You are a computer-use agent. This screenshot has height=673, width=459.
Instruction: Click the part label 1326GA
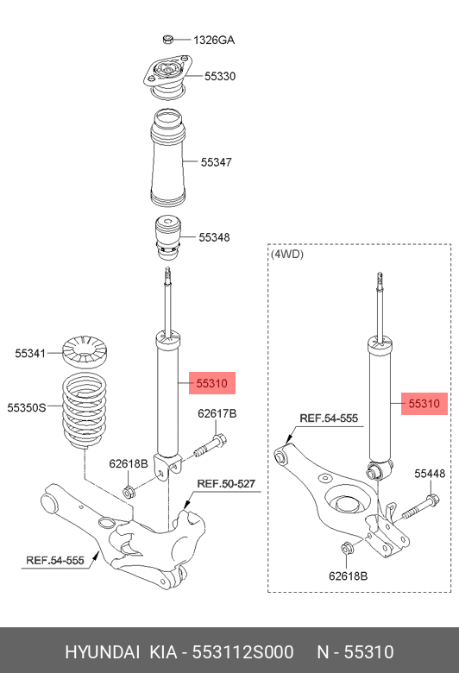point(213,41)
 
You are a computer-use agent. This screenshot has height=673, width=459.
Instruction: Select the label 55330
point(220,77)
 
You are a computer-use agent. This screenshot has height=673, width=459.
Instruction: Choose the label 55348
point(214,237)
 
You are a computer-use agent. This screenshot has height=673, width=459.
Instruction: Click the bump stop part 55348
point(168,236)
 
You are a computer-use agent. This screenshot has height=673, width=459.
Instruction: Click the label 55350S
point(27,406)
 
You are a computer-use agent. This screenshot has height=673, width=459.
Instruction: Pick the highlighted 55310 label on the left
point(211,382)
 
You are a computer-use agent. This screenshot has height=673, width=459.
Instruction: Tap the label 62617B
point(217,414)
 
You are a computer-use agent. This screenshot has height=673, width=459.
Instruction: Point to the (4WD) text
point(287,255)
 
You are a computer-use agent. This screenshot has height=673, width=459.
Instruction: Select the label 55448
point(429,474)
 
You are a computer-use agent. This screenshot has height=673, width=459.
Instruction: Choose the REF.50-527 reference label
point(226,483)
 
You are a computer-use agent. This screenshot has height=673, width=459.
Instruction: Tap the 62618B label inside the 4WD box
point(348,576)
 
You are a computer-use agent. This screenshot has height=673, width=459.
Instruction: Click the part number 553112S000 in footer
point(242,651)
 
